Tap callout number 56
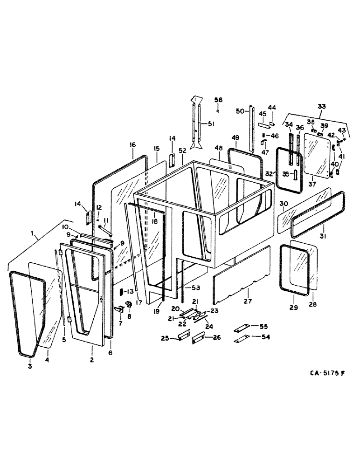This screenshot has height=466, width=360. click(219, 100)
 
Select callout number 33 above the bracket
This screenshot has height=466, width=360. click(321, 106)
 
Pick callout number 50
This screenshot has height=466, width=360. click(240, 111)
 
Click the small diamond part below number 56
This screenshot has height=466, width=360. click(219, 111)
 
